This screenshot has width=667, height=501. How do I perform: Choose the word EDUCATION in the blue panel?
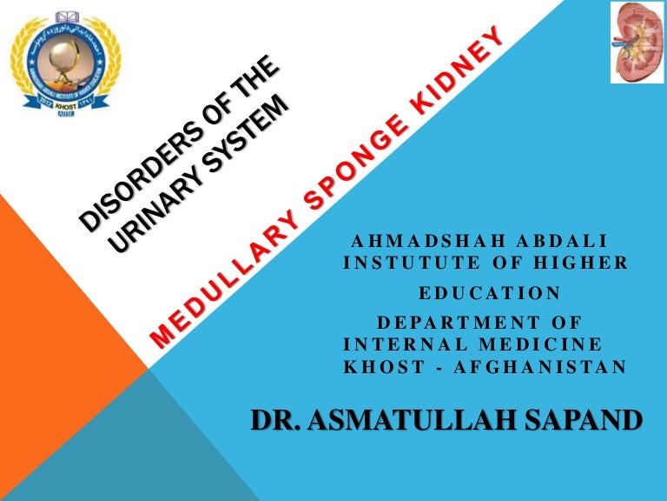coord(490,292)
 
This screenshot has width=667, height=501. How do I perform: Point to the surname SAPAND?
coord(581,419)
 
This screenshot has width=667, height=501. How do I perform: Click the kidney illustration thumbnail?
coord(637,43)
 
